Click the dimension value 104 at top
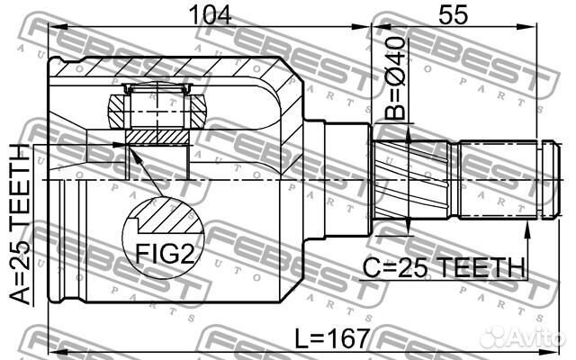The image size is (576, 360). pos(206,15)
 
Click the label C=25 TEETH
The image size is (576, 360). pos(445,266)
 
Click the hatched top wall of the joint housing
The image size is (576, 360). pos(180,68)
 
